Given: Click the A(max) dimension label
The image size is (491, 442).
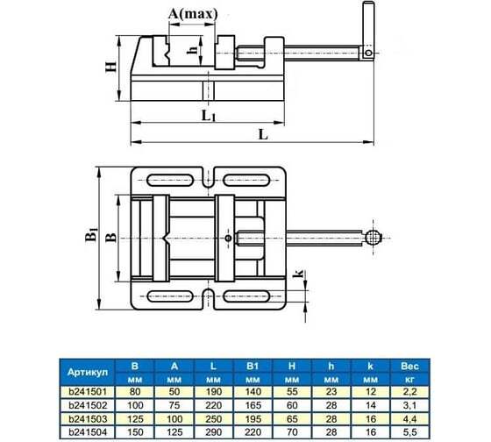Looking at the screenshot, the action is pos(193,14).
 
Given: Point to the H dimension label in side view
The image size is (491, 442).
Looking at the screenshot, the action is pos(110,67).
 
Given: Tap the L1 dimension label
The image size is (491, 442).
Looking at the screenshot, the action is pos(209,116).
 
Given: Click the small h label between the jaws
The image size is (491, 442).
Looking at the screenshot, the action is pos(193,49).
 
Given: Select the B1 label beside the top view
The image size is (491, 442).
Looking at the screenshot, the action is pos(91,235).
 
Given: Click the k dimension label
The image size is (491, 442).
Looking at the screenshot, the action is pos(298,273).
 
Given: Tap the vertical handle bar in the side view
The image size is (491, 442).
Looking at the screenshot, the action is pos(368,30).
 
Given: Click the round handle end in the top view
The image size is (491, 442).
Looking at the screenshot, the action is pos(373,238).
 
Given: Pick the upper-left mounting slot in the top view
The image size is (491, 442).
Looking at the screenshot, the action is pos(170,181).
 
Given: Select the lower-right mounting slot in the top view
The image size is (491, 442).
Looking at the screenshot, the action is pos(246,296).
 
